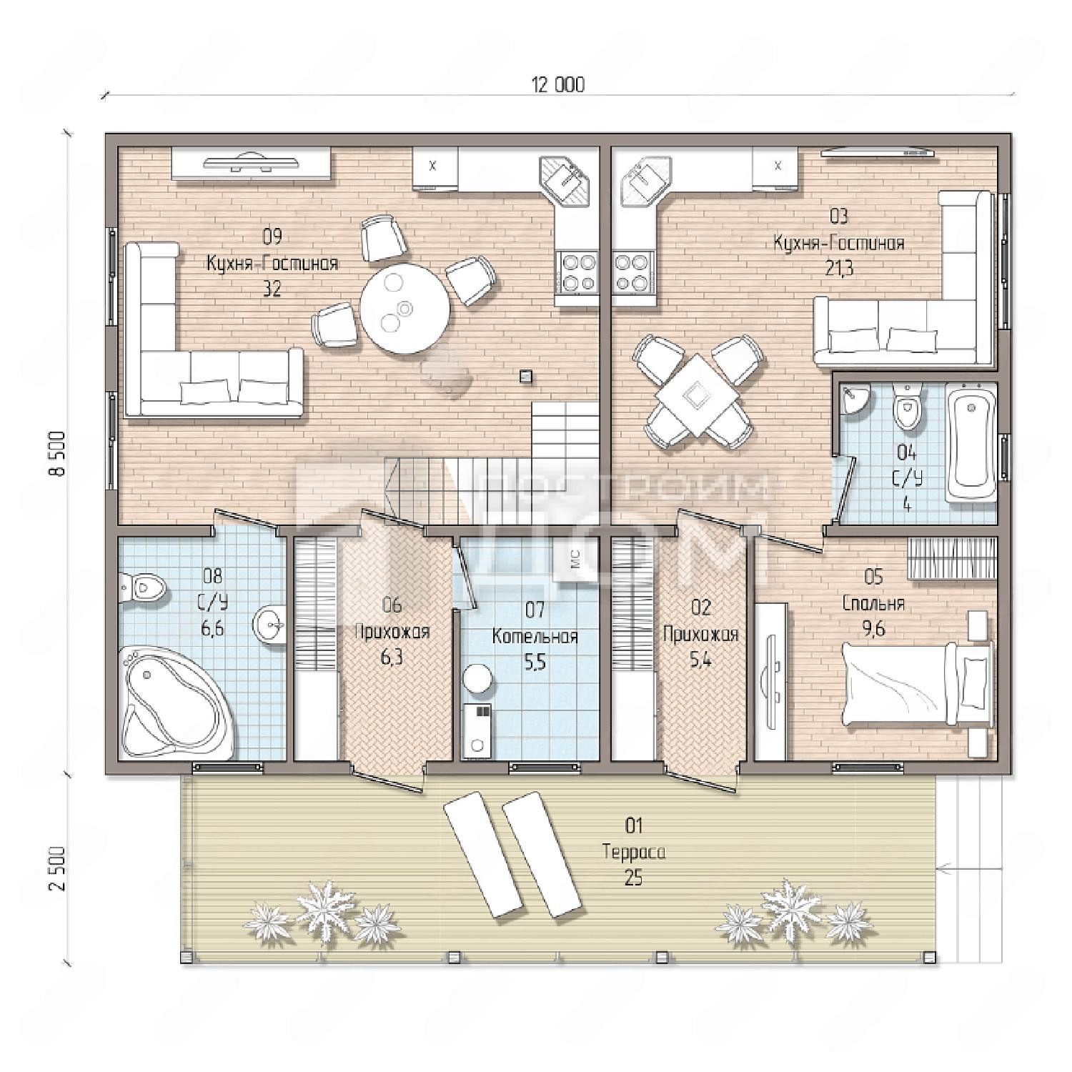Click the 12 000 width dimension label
point(558,85)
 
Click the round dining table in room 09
point(405,308)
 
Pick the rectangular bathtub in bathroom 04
point(971,442)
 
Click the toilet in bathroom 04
point(908,407)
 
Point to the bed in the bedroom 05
point(918,685)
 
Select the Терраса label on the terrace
point(633,853)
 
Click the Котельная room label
point(535,636)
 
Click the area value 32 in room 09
point(272,289)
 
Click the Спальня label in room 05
point(873,604)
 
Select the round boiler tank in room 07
point(477,678)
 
